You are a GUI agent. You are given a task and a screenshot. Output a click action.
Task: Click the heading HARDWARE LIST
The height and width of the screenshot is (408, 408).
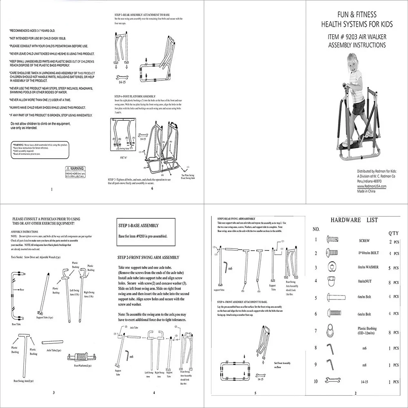point(354,220)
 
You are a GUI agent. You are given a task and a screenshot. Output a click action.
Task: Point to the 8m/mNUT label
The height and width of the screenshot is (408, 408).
point(367,281)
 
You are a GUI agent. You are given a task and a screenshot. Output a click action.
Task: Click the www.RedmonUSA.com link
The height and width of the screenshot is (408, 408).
point(371,186)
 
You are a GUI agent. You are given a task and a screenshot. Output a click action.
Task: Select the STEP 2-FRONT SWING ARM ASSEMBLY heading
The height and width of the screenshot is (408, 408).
point(148,257)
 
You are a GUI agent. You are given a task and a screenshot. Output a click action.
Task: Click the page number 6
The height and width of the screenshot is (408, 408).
point(152,188)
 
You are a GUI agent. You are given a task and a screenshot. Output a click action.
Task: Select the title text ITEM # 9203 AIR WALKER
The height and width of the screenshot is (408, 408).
point(357,36)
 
